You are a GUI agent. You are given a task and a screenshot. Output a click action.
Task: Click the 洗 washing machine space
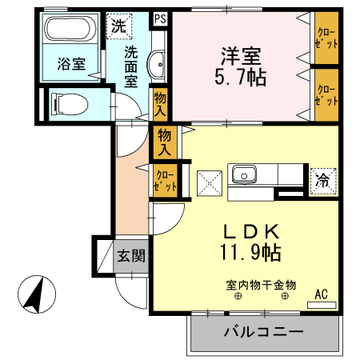coord(118,26)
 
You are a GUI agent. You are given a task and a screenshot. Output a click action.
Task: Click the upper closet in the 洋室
coord(326,40)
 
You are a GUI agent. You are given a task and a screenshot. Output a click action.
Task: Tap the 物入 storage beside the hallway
coord(165,142)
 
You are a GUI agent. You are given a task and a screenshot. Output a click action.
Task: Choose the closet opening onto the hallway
coord(164,178)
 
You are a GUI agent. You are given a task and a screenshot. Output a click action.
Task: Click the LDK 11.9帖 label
coord(250,242)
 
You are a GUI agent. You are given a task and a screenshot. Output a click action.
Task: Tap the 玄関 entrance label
coord(131,257)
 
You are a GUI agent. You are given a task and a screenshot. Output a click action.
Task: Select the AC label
coord(322,294)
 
